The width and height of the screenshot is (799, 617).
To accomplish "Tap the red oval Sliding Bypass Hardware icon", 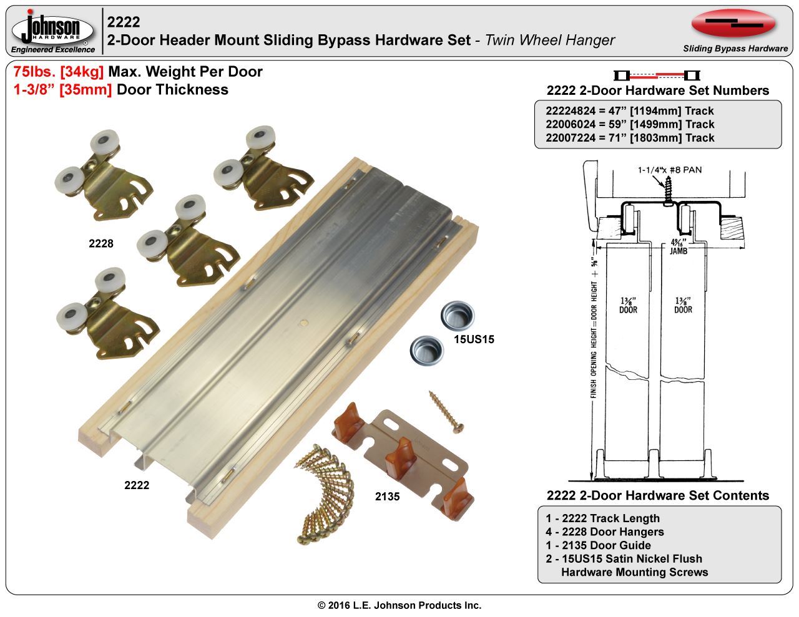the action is pos(733,24).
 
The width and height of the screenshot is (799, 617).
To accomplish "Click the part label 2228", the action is pos(101,243).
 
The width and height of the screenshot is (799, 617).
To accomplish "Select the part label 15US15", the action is pos(474,339).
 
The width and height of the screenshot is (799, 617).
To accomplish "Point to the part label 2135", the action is pos(387,497).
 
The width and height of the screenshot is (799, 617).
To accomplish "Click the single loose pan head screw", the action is pos(446,412).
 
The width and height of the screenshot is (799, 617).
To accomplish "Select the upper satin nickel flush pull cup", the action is pos(458,316).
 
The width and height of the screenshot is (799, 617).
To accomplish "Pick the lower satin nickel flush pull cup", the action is pos(426,350).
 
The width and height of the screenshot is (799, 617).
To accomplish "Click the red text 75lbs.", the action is pos(34,72).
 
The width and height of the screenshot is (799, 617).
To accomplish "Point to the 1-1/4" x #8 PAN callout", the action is pos(670,170).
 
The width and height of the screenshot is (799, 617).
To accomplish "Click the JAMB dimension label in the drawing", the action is pos(679,251).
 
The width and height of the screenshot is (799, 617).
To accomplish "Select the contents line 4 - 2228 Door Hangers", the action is pos(605,532).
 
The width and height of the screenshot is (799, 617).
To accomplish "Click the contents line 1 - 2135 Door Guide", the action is pos(598,545).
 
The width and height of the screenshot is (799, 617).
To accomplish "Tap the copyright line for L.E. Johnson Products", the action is pos(399,605).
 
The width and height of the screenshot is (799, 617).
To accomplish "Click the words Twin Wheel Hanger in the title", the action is pos(550,40).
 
